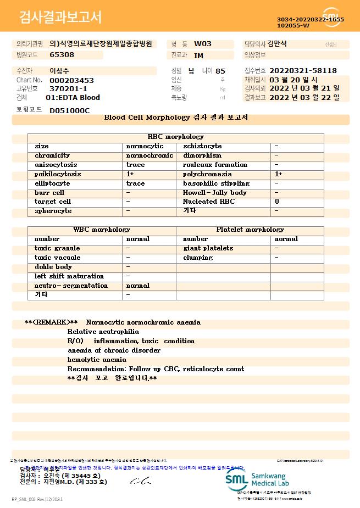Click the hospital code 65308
(x=62, y=55)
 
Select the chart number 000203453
(x=71, y=80)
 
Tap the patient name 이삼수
(x=60, y=71)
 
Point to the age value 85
(x=220, y=71)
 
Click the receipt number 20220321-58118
(x=303, y=71)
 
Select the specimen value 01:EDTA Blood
(x=73, y=98)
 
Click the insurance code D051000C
(x=69, y=111)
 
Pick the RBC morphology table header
(x=176, y=137)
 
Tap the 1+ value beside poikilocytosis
(x=130, y=174)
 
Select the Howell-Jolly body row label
(x=215, y=193)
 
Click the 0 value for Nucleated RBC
(x=276, y=202)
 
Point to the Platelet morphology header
(x=250, y=230)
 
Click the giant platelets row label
(x=208, y=248)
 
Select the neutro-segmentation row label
(x=71, y=286)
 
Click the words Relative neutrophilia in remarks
(x=103, y=332)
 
